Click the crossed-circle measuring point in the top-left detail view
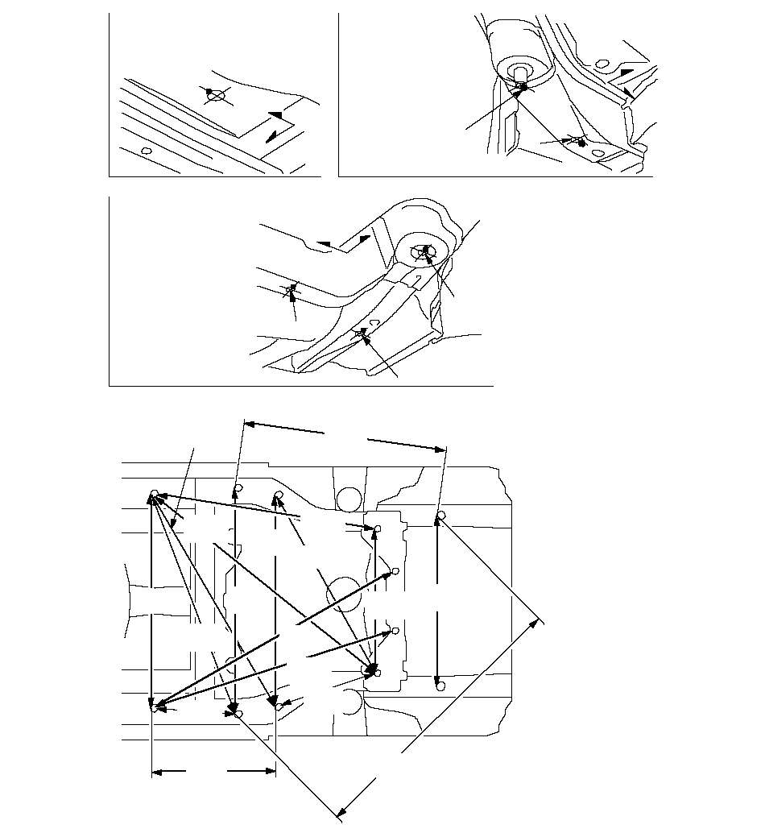point(215,95)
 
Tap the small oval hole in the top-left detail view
point(146,151)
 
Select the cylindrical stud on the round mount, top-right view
point(523,75)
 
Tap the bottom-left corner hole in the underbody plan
point(154,709)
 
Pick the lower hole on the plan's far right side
point(439,686)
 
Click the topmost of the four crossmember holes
point(376,528)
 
